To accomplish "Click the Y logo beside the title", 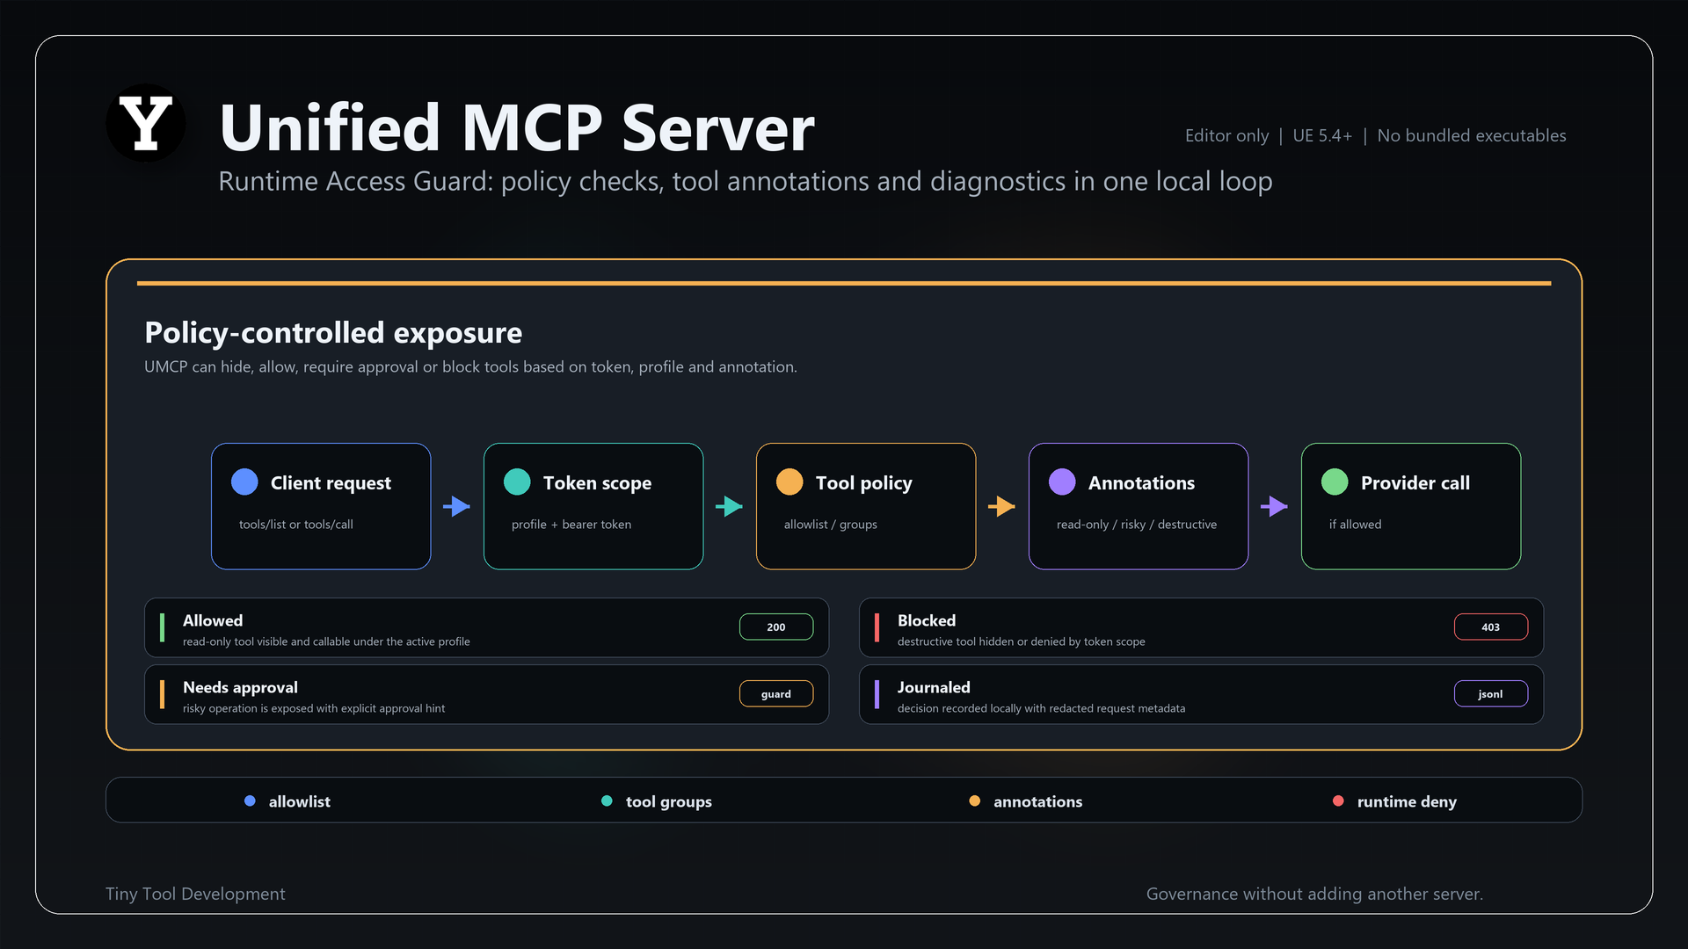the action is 146,123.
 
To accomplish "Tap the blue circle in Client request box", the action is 244,482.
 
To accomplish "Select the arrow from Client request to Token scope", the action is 456,506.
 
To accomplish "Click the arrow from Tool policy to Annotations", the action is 1001,506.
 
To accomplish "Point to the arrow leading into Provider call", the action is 1274,506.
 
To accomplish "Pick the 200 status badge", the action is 776,627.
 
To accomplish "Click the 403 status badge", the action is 1491,627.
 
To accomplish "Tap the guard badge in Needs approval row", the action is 776,693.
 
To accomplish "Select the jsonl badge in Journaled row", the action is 1491,693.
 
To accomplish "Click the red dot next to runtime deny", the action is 1338,800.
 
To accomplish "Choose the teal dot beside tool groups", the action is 607,800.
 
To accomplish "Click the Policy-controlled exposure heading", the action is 333,333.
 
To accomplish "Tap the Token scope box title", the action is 597,482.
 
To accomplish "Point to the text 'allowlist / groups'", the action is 831,525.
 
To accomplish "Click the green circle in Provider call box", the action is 1335,482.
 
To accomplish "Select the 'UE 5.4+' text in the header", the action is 1322,135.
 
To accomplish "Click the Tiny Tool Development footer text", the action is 195,894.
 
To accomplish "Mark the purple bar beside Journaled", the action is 877,694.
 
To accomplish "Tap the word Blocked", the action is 927,620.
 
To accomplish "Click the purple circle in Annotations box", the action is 1062,482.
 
